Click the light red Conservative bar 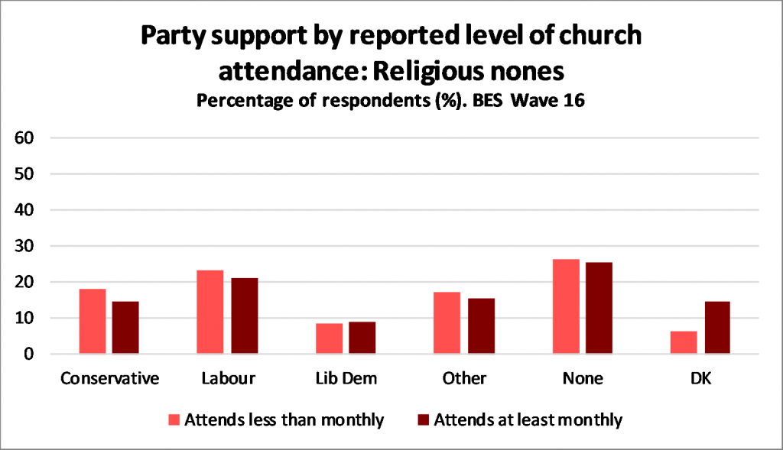(93, 322)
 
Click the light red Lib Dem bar (329, 338)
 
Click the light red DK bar (684, 342)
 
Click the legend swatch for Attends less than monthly (174, 419)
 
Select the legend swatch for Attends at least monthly (422, 419)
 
